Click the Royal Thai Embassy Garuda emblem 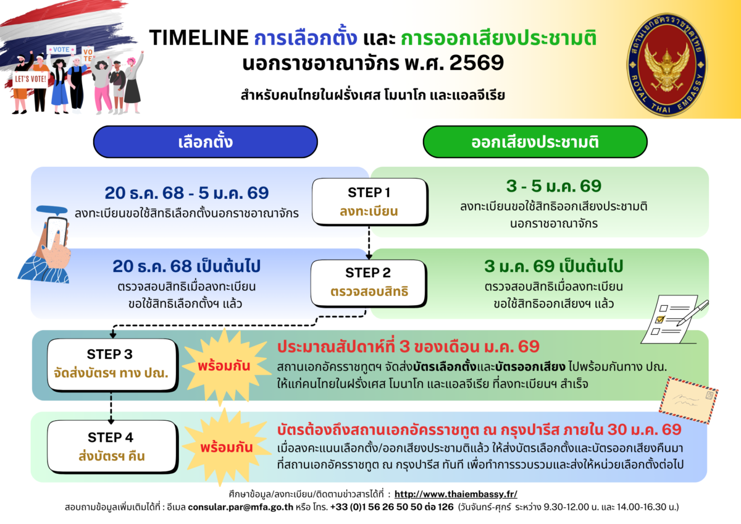666,64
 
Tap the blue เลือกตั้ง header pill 206,142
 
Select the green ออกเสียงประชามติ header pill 535,142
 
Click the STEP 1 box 369,201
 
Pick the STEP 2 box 369,283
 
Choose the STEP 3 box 112,365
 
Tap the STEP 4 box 112,447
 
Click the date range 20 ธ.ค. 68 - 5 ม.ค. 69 186,193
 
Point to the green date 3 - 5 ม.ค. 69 554,186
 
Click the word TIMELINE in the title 199,38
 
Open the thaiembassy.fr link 456,494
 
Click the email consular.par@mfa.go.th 240,507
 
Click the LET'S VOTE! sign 30,79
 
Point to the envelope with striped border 689,400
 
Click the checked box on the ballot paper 659,319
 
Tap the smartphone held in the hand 56,233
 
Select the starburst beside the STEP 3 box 225,366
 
